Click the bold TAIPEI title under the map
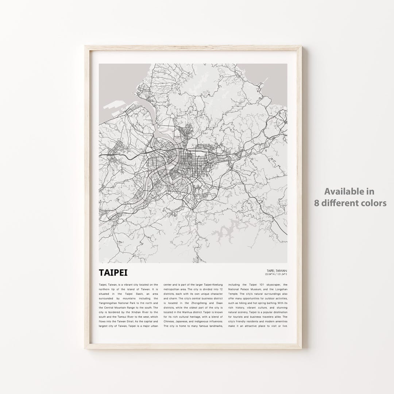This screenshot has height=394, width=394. click(x=113, y=273)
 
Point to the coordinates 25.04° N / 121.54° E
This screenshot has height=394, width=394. click(x=277, y=274)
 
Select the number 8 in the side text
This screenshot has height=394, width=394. click(x=317, y=203)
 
